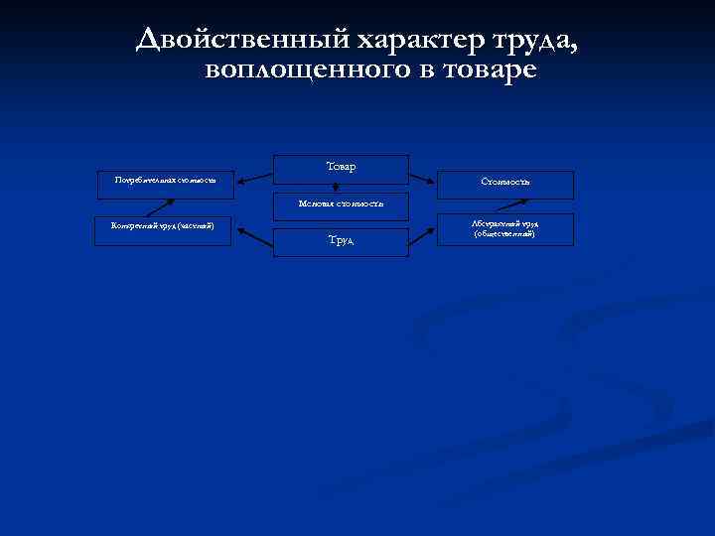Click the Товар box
[341, 168]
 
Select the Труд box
[341, 241]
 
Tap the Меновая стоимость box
[341, 204]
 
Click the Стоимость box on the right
[505, 183]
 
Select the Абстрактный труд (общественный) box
[505, 229]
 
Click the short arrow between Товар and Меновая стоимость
[336, 188]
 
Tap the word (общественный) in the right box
[505, 234]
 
